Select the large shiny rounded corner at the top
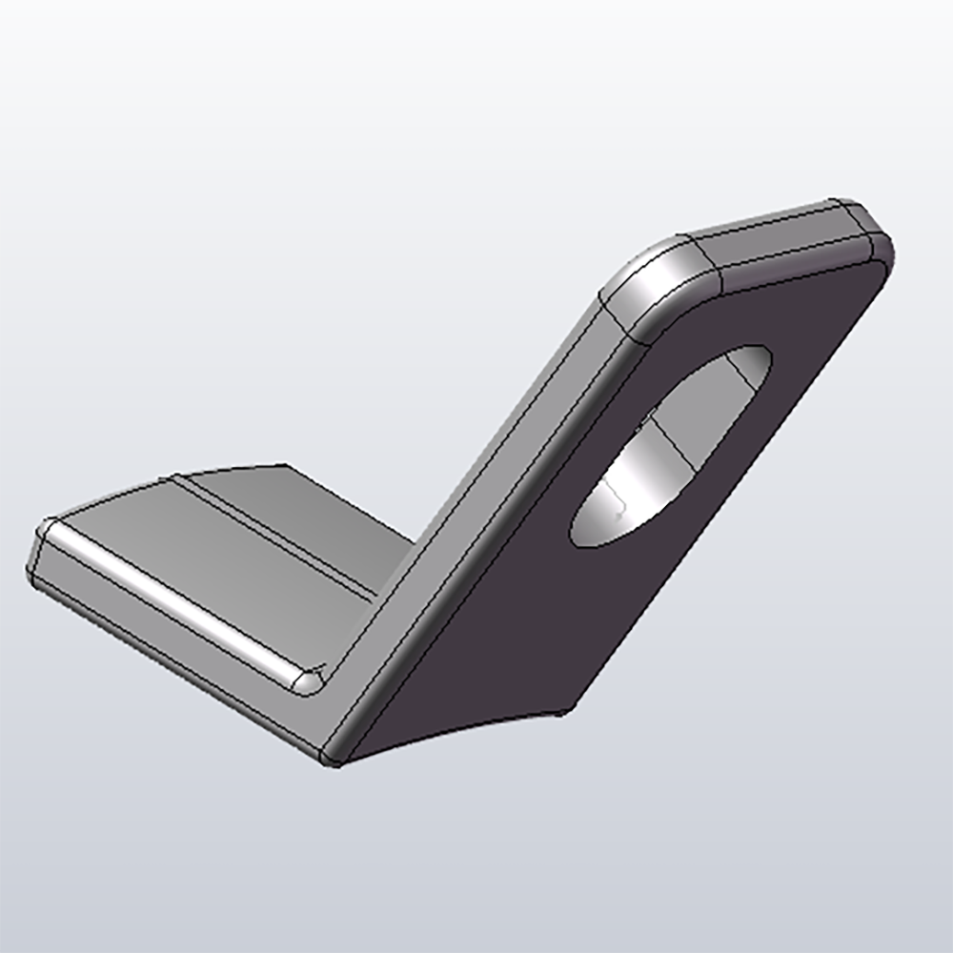tap(658, 281)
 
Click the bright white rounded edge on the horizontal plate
tap(172, 600)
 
